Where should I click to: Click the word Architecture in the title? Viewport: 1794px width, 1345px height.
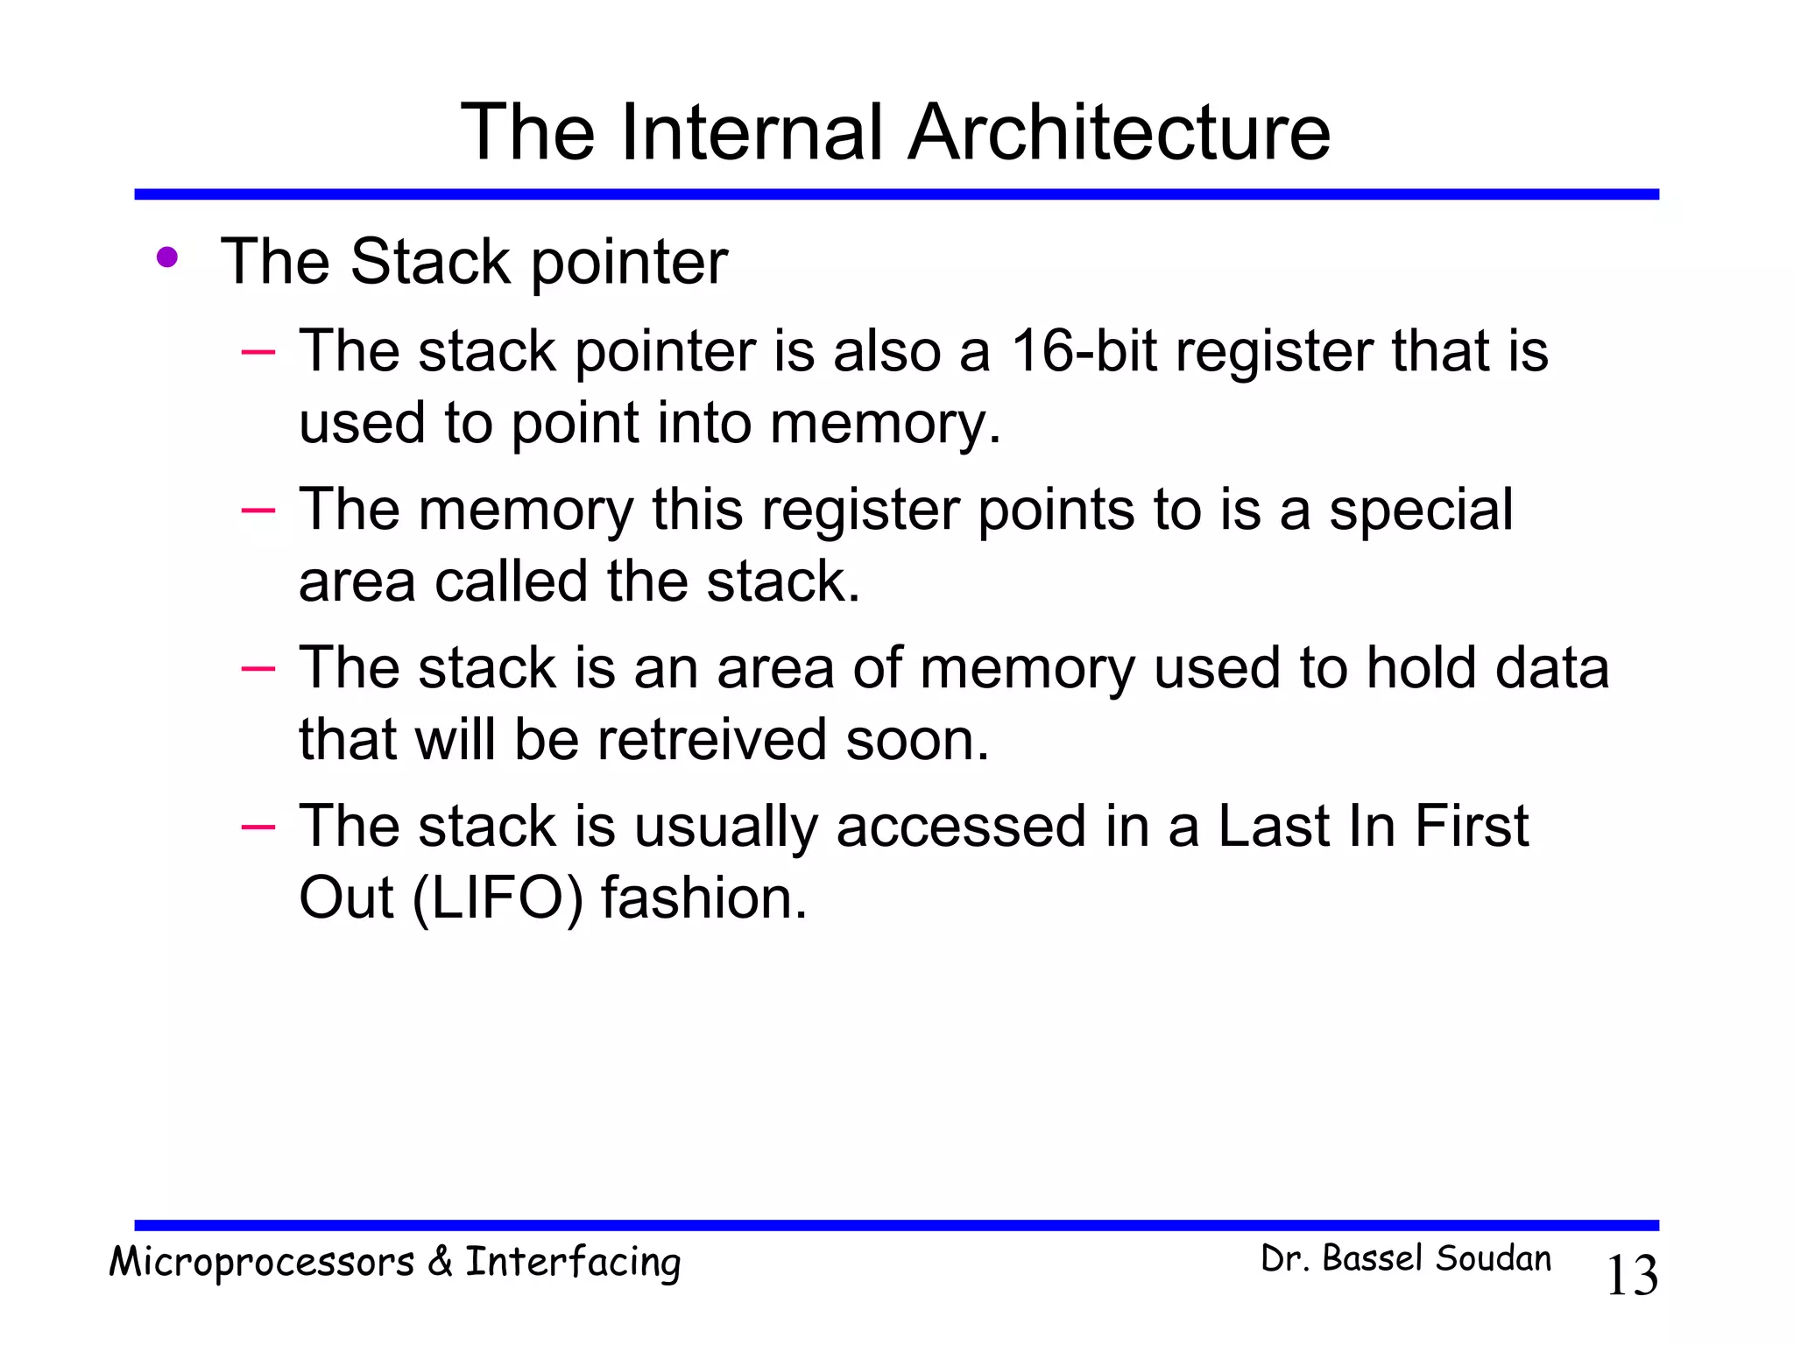coord(1119,132)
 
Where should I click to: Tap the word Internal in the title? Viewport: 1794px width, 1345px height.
coord(753,132)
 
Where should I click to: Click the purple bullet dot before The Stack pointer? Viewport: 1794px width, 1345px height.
coord(166,258)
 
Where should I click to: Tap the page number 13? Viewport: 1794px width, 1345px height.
coord(1631,1275)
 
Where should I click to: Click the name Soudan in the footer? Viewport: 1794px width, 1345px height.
coord(1493,1259)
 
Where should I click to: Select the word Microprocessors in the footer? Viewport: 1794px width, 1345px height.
coord(261,1263)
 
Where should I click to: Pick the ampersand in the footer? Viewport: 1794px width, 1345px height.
coord(441,1261)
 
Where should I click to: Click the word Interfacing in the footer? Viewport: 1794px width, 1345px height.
coord(573,1263)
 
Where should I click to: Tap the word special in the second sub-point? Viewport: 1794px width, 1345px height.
coord(1421,509)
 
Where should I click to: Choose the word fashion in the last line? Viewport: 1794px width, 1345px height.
coord(703,898)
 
